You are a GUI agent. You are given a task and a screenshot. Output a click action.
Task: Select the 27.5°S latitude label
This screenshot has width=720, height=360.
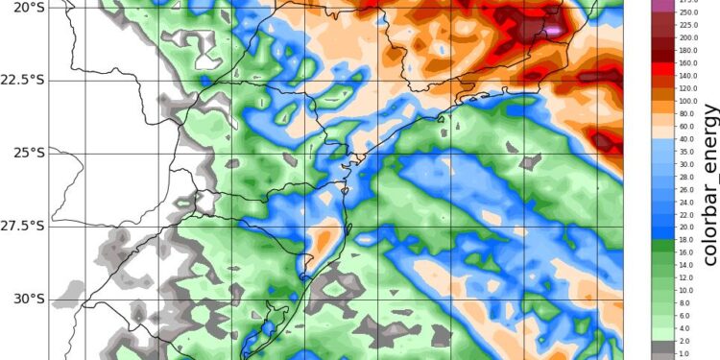25,226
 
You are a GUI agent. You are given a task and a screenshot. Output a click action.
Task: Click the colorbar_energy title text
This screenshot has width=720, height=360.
709,182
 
